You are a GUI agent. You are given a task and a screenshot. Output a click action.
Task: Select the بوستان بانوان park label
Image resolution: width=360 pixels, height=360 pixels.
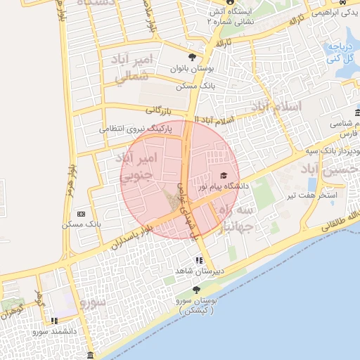click(192, 69)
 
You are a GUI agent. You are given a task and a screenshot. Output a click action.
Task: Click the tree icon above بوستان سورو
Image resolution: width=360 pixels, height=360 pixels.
click(196, 290)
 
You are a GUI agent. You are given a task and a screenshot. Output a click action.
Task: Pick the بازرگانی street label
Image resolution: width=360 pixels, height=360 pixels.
click(159, 110)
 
